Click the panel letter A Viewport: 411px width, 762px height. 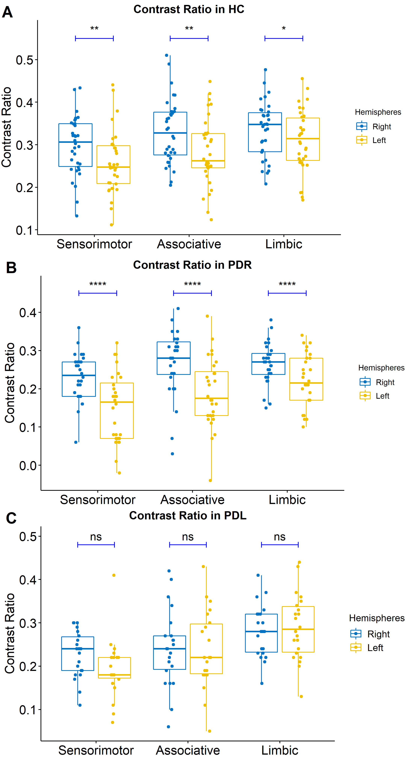pyautogui.click(x=7, y=12)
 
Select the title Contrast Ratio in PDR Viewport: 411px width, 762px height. pyautogui.click(x=192, y=265)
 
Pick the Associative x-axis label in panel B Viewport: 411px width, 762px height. pyautogui.click(x=192, y=500)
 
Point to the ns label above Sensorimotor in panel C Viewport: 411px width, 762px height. pyautogui.click(x=96, y=537)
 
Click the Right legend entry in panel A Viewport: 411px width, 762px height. pyautogui.click(x=381, y=127)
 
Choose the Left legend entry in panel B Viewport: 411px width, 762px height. pyautogui.click(x=382, y=396)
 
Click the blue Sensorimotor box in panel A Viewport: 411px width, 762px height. pyautogui.click(x=76, y=145)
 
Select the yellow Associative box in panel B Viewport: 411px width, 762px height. pyautogui.click(x=211, y=393)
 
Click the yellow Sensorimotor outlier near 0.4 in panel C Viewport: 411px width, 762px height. pyautogui.click(x=114, y=575)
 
